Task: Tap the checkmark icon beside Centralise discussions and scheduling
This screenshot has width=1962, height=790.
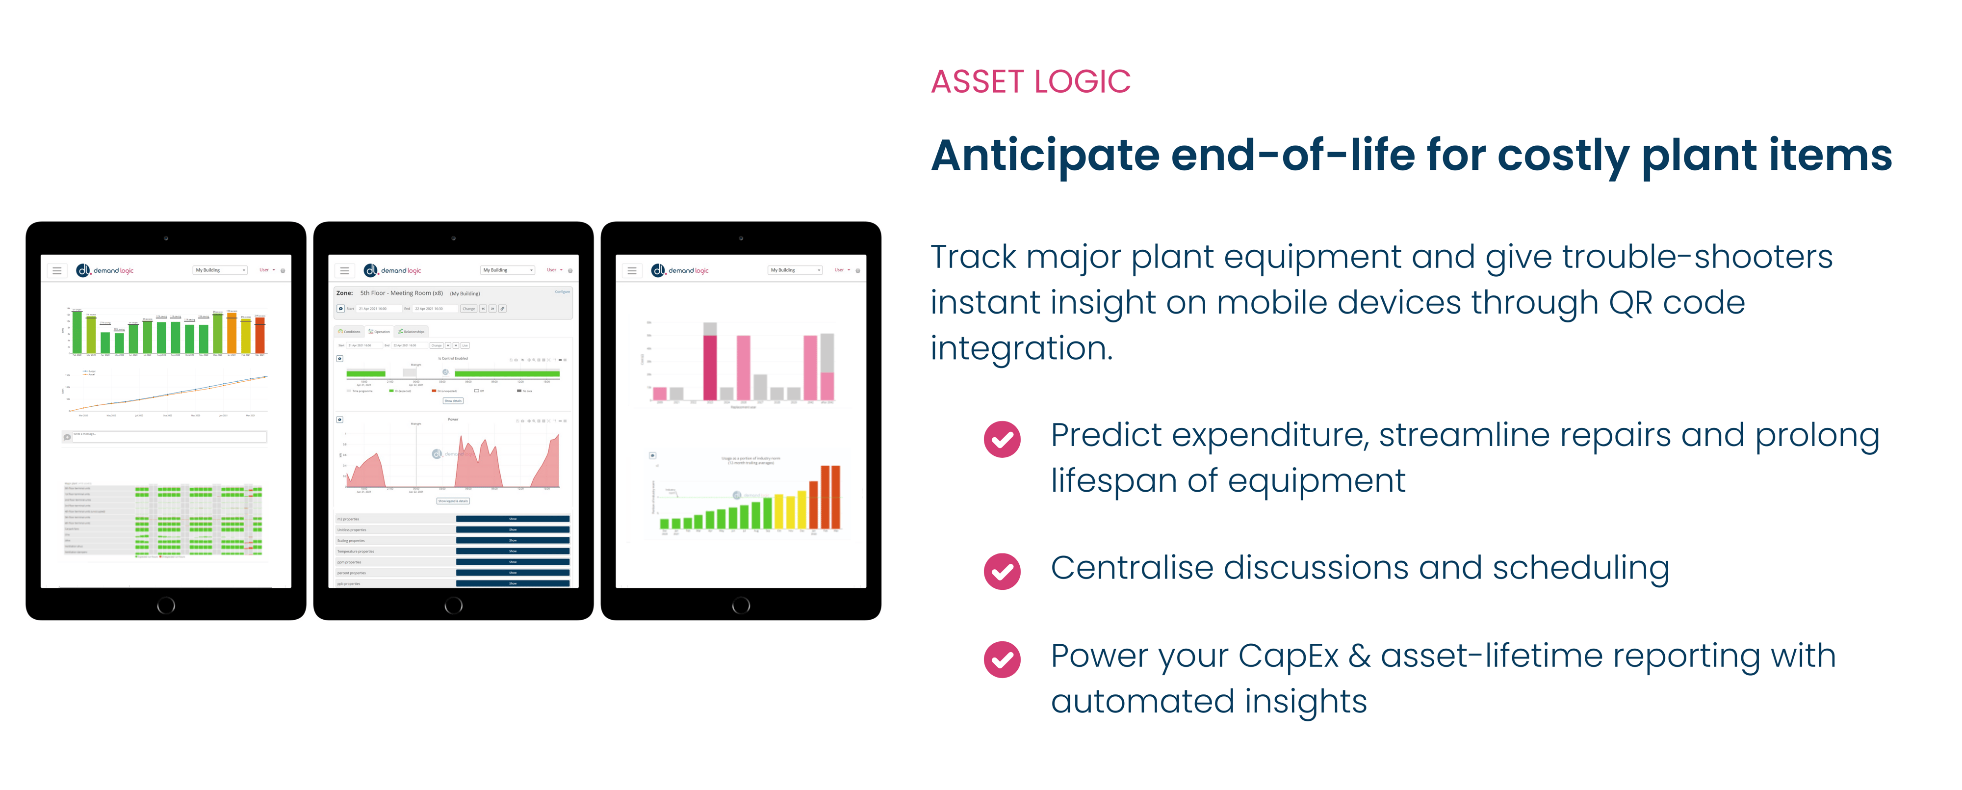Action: (1002, 571)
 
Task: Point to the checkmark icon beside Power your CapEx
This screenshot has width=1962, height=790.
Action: (1002, 659)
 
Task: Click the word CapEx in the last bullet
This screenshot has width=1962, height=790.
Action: (1287, 657)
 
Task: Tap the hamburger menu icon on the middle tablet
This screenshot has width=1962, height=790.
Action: (344, 270)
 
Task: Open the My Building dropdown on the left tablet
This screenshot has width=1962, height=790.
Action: (220, 270)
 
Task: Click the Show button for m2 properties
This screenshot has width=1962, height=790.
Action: (513, 519)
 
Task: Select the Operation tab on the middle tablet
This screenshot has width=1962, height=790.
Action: (379, 331)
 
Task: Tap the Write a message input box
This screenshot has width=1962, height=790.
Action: (168, 437)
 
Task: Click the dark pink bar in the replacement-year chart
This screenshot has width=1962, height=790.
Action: (710, 367)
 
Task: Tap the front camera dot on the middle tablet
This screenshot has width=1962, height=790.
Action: (453, 238)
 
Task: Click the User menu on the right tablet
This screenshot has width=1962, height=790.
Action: (841, 270)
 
